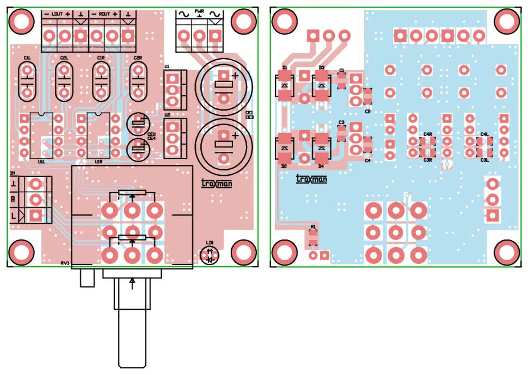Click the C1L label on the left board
pos(27,57)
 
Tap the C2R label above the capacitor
pos(138,57)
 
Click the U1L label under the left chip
pos(41,162)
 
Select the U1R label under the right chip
pos(99,162)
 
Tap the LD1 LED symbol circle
pos(210,255)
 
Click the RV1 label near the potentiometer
pos(65,263)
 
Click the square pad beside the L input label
pos(35,216)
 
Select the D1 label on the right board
pos(284,67)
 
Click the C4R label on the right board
pos(427,134)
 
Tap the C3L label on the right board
pos(484,160)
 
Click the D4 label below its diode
pos(321,165)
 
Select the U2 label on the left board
pos(167,115)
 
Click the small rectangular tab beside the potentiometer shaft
pos(87,279)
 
